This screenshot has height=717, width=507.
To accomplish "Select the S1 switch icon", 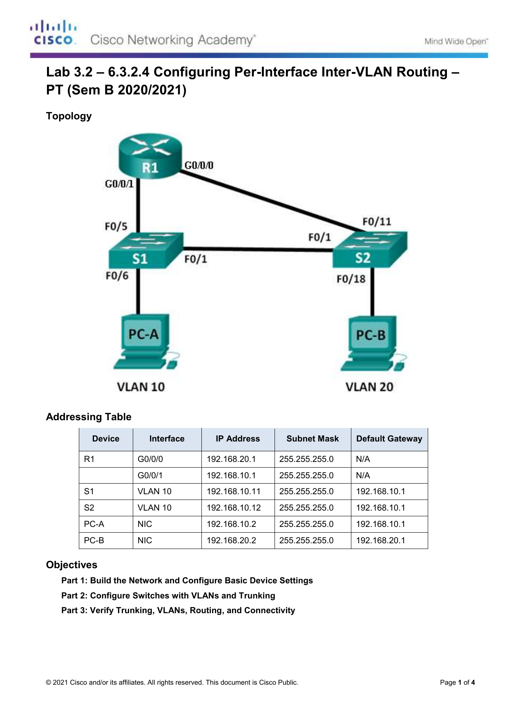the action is (x=145, y=251).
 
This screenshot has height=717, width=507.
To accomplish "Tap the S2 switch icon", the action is (x=370, y=249).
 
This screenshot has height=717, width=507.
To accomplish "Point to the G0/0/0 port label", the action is (x=199, y=166).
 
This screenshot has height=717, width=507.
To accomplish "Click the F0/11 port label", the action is (x=377, y=222).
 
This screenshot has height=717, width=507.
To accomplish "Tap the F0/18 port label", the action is (x=351, y=279).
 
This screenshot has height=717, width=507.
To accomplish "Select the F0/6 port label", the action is (x=117, y=276).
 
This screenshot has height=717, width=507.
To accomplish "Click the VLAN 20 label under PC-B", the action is (x=369, y=387).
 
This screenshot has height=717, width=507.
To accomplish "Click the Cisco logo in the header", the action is (x=53, y=33).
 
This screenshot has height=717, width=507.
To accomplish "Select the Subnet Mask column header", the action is (x=313, y=439).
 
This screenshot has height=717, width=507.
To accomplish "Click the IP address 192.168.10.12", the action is (x=234, y=508).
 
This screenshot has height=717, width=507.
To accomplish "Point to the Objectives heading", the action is (x=71, y=565).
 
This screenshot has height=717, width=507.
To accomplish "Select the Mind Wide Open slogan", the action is (x=456, y=41).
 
